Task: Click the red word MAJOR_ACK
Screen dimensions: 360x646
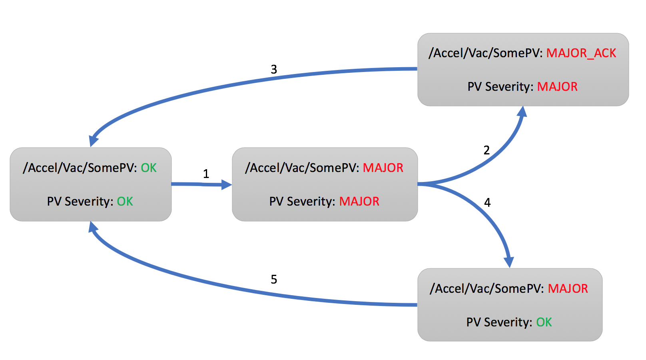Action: [x=581, y=53]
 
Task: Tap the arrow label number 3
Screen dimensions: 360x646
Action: [x=274, y=70]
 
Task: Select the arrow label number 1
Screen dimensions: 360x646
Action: [x=206, y=174]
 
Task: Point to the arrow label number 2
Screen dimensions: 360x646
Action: [x=486, y=150]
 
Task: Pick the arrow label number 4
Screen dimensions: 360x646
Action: [x=487, y=203]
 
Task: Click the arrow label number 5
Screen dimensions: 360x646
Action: [x=274, y=279]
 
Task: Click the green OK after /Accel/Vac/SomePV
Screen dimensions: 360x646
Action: [x=149, y=168]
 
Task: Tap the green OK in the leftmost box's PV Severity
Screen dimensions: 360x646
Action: [x=125, y=202]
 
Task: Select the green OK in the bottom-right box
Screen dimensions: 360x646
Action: [x=544, y=322]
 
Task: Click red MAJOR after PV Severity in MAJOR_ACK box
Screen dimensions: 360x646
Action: [x=557, y=87]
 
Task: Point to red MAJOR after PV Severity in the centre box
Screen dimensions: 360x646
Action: [x=359, y=202]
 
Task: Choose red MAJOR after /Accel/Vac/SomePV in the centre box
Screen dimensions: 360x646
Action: [x=383, y=168]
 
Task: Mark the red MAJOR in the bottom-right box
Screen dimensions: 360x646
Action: [x=568, y=289]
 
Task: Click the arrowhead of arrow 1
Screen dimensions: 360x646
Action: [x=227, y=184]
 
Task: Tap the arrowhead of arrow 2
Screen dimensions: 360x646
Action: [x=522, y=111]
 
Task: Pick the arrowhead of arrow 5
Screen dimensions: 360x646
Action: [x=93, y=226]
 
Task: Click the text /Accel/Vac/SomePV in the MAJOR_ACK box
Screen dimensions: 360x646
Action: [x=485, y=53]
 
